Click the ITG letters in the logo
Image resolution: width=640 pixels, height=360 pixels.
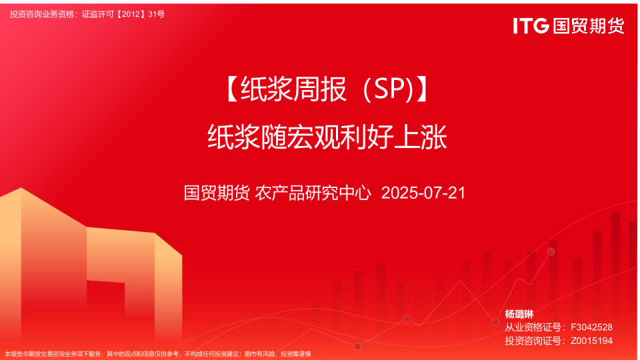[531, 26]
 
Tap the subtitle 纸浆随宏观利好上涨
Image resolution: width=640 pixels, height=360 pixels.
[327, 137]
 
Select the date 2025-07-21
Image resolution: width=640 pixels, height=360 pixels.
[423, 193]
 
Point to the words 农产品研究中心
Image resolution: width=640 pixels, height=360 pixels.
[313, 193]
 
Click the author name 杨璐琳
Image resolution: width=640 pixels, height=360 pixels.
[519, 314]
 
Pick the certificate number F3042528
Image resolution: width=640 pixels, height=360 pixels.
[591, 327]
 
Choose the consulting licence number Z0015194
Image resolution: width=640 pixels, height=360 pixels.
[591, 341]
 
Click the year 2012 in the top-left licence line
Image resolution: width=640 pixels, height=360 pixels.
[131, 14]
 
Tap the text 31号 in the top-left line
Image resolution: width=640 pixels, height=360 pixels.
[156, 14]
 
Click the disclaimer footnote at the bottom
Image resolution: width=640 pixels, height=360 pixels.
[158, 354]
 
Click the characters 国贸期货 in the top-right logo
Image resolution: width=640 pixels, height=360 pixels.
[589, 26]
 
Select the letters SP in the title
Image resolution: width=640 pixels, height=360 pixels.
[388, 89]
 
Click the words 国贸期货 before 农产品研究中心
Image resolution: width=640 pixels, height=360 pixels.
[217, 193]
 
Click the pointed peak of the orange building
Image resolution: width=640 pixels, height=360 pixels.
[21, 188]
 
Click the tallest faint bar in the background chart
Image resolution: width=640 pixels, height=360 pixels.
[615, 265]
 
